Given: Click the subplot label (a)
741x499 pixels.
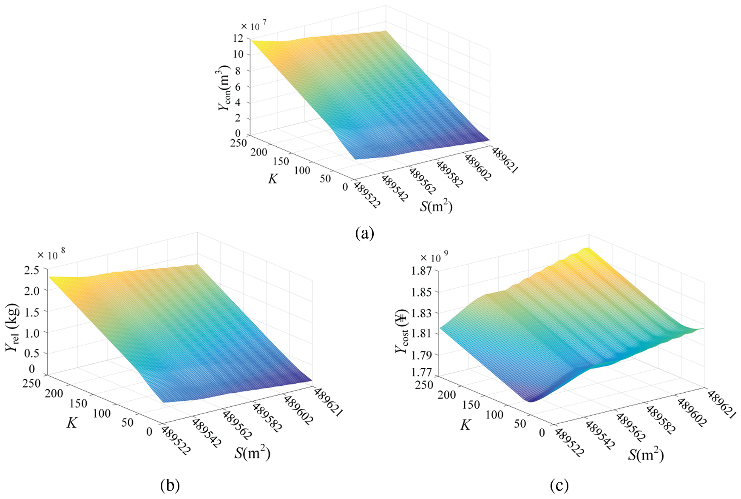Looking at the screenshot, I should pyautogui.click(x=365, y=233).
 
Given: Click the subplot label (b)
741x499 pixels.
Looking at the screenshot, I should pyautogui.click(x=170, y=485).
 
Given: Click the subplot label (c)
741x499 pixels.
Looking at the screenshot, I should pyautogui.click(x=559, y=485).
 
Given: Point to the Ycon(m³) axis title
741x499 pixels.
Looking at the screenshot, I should pyautogui.click(x=225, y=88).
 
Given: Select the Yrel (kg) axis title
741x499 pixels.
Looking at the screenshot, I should pyautogui.click(x=13, y=328).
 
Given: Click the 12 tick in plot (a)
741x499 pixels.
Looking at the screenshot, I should pyautogui.click(x=238, y=38).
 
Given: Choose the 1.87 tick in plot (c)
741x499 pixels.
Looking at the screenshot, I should pyautogui.click(x=421, y=271).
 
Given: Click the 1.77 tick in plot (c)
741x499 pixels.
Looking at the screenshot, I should pyautogui.click(x=421, y=372).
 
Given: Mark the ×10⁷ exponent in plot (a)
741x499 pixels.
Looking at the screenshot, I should pyautogui.click(x=253, y=26).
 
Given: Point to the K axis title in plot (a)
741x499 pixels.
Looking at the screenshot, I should pyautogui.click(x=273, y=179).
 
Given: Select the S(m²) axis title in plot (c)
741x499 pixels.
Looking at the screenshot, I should pyautogui.click(x=646, y=455).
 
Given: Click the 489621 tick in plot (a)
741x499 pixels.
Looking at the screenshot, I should pyautogui.click(x=505, y=160).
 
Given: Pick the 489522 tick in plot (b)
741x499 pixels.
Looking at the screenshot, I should pyautogui.click(x=176, y=440).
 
